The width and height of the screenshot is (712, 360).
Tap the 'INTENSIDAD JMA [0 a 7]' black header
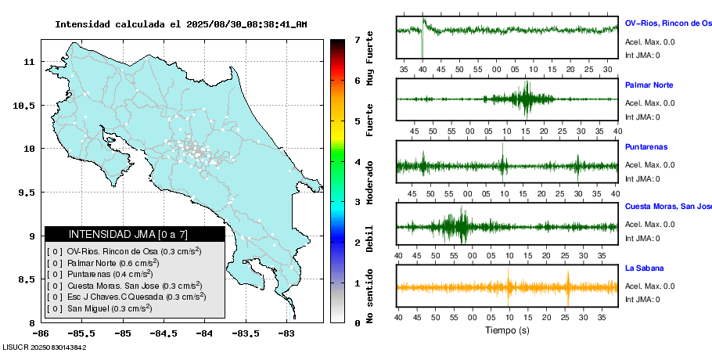[135, 234]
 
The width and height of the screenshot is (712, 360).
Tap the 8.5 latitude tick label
[29, 279]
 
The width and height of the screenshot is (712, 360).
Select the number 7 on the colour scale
[357, 39]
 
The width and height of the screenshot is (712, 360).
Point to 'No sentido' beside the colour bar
[369, 293]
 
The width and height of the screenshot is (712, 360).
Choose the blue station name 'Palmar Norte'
[649, 85]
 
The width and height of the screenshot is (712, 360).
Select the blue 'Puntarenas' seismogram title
[646, 147]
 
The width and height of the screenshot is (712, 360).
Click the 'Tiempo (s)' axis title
[507, 330]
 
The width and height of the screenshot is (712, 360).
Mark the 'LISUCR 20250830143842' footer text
[45, 347]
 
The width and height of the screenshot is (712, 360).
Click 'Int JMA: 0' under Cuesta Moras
[642, 239]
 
